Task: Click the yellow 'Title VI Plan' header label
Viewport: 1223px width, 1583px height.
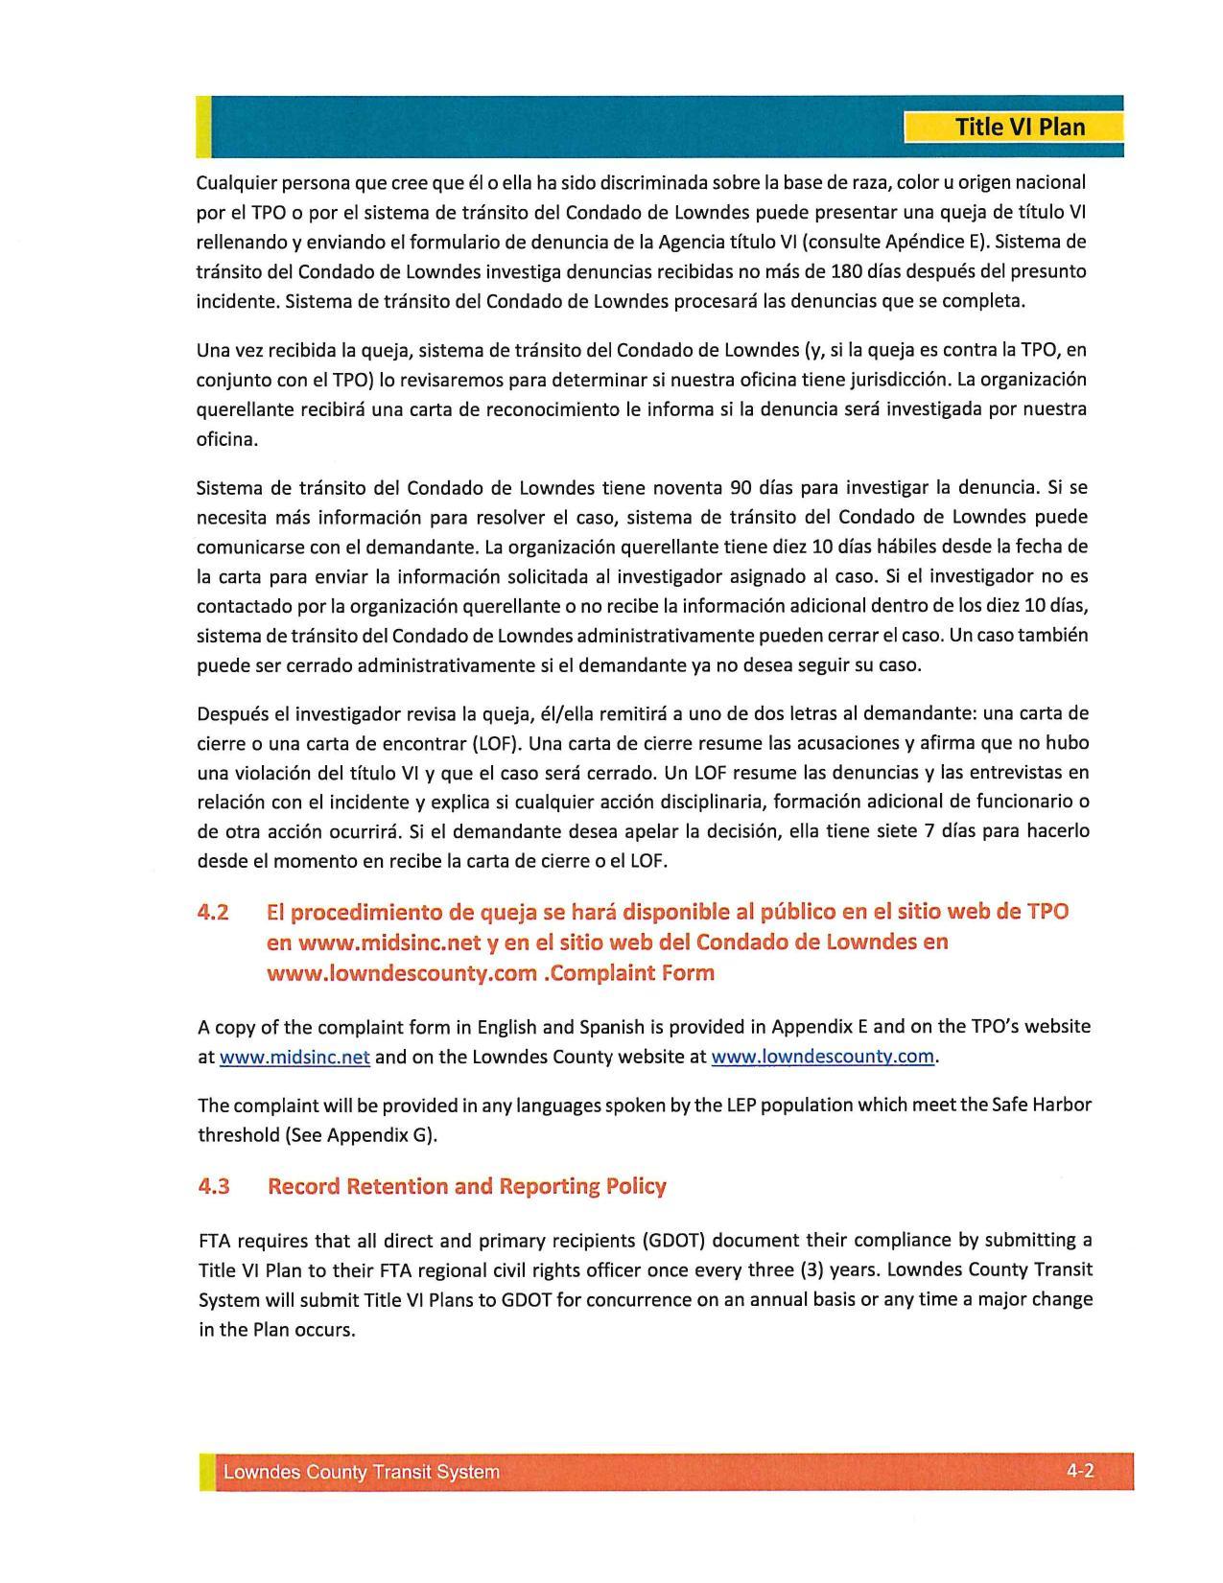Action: click(x=1020, y=128)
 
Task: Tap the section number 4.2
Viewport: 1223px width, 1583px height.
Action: click(x=213, y=912)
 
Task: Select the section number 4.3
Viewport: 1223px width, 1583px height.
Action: click(x=214, y=1187)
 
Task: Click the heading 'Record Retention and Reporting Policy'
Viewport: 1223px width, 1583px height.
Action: click(x=466, y=1187)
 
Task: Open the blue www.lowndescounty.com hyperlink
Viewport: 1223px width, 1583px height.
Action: click(x=822, y=1058)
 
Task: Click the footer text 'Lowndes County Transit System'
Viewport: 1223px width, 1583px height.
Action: click(x=361, y=1473)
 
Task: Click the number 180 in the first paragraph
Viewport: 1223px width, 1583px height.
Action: click(x=835, y=271)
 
